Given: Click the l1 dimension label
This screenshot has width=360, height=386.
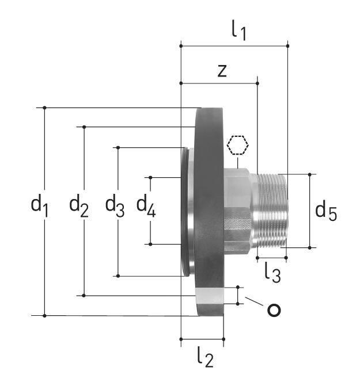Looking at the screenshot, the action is click(239, 30).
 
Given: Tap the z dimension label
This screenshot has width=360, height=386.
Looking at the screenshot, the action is click(222, 71).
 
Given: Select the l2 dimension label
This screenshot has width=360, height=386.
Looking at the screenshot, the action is click(206, 357).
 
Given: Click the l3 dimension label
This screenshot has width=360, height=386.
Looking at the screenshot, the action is click(272, 273).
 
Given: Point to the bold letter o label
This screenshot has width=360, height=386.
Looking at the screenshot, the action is click(274, 310).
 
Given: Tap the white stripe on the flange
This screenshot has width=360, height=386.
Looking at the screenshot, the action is click(210, 296).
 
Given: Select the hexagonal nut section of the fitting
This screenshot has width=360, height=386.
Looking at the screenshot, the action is click(238, 211).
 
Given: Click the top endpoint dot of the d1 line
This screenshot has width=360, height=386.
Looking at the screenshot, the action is click(44, 108).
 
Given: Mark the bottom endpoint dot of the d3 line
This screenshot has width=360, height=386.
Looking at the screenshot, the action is click(118, 276).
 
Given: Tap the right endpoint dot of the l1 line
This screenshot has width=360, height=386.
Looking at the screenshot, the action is click(287, 46).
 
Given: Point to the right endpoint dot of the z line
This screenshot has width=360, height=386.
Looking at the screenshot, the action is click(257, 83).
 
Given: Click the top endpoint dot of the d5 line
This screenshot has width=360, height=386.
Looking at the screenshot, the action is click(310, 174).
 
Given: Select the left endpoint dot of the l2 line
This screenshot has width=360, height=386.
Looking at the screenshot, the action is click(181, 339).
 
